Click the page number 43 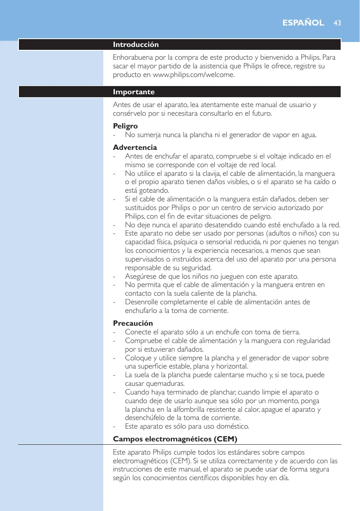pos(338,23)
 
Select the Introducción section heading pos(136,44)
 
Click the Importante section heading pos(134,91)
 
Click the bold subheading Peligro pos(125,126)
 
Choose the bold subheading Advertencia pos(135,147)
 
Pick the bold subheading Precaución pos(133,323)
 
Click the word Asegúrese pos(141,276)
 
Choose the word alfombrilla pos(188,409)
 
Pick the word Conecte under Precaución pos(137,332)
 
